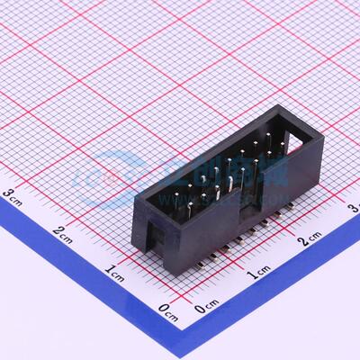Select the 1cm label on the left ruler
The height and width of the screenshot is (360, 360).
115,271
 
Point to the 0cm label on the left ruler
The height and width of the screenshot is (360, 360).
168,310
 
